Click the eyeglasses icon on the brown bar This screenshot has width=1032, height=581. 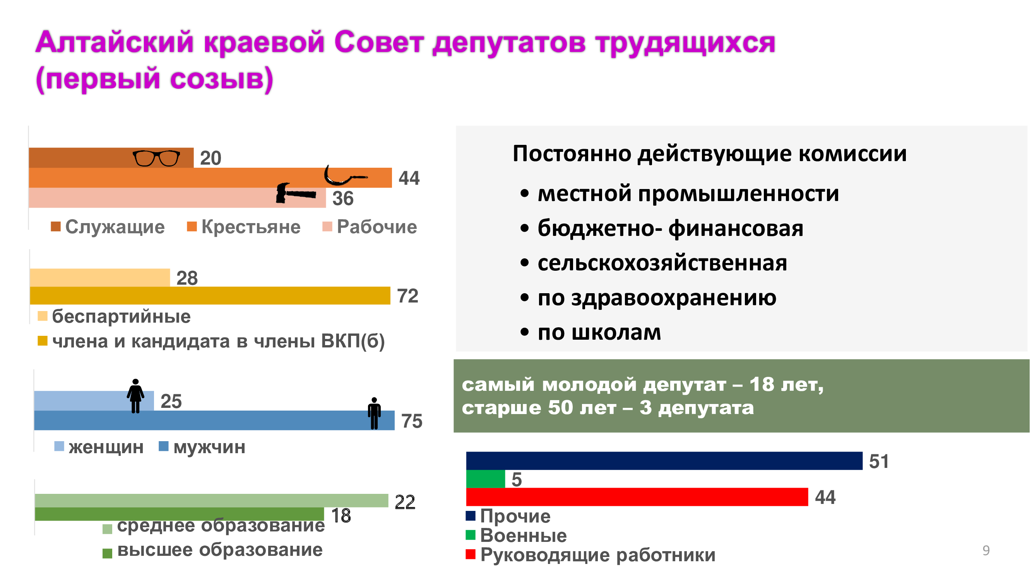(156, 158)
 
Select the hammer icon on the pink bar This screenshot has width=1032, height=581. (296, 193)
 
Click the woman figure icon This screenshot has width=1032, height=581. (135, 396)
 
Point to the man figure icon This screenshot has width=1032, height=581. (374, 413)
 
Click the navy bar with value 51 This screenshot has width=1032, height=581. (664, 461)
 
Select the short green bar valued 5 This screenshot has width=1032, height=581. (486, 479)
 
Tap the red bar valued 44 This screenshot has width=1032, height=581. (637, 497)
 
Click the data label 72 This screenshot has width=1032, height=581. (407, 296)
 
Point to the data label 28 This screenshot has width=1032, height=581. (187, 278)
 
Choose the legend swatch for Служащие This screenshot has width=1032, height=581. (56, 227)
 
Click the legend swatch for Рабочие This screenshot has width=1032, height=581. (327, 227)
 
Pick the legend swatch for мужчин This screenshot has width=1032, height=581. (163, 446)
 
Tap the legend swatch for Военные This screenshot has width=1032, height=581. (470, 535)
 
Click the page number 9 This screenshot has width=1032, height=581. (986, 550)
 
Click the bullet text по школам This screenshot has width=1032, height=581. (599, 332)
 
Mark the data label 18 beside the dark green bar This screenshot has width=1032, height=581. (341, 516)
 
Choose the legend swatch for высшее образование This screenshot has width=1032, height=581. (107, 553)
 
